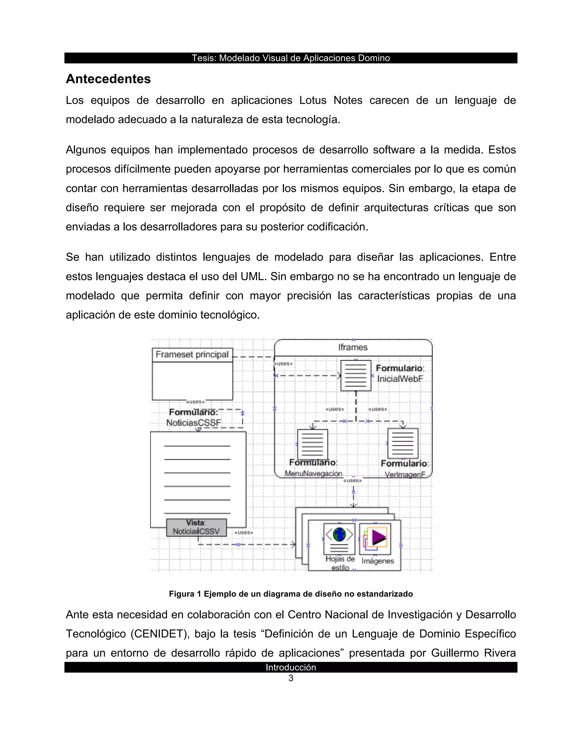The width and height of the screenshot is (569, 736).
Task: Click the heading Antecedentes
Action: tap(108, 79)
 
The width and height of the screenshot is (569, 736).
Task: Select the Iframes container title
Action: tap(353, 347)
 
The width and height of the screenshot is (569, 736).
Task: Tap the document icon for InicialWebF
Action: tap(356, 375)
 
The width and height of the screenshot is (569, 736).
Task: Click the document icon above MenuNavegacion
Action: tap(313, 444)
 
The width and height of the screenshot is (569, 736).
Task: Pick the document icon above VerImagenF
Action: tap(403, 444)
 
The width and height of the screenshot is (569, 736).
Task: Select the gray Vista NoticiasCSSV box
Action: tap(196, 527)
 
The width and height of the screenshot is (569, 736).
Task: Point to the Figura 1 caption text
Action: tap(291, 594)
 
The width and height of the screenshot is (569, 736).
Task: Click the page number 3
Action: tap(291, 679)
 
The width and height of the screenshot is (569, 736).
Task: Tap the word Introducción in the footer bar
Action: tap(291, 667)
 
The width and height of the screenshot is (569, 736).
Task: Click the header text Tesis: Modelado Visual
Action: tap(291, 58)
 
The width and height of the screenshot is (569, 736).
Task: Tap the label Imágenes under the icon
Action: tap(378, 561)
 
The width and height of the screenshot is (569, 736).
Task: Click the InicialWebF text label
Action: tap(400, 379)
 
